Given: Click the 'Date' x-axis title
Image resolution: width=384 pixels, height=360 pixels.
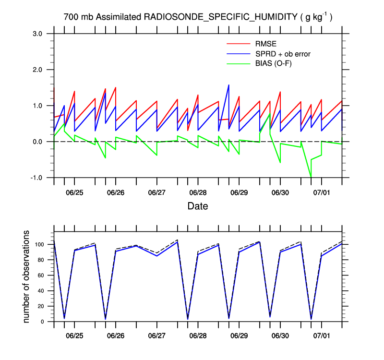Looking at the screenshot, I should tap(198, 207).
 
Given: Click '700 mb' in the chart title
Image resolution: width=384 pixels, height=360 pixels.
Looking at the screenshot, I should tap(78, 17).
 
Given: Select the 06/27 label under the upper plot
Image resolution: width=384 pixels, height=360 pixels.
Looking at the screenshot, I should tap(156, 192).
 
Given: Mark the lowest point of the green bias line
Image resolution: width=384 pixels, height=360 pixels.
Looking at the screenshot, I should tap(311, 177).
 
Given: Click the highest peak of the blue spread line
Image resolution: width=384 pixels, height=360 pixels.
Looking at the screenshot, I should tap(228, 85).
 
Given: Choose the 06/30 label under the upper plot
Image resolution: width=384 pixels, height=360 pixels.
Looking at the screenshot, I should tap(280, 192).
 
